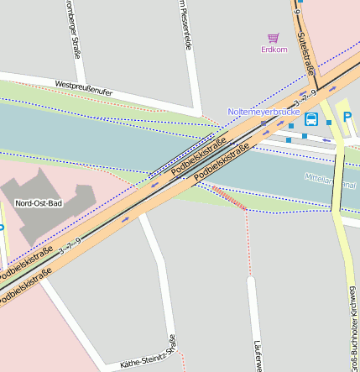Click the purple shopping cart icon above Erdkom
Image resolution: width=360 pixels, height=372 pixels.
(273, 38)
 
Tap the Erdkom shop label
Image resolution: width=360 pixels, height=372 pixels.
(274, 50)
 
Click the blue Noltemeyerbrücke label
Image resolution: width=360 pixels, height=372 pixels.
(263, 112)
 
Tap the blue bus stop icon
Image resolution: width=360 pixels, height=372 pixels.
(311, 118)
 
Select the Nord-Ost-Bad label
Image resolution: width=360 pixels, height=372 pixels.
(39, 203)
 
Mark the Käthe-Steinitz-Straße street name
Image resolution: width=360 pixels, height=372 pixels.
(148, 357)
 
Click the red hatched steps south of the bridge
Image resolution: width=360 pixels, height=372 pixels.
(227, 197)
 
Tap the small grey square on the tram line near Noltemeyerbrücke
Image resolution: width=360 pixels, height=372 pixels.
(263, 123)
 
